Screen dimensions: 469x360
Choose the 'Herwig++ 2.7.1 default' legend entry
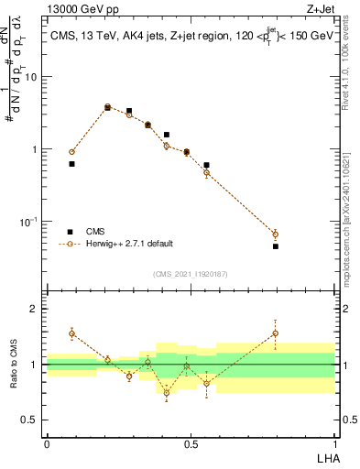[129, 244]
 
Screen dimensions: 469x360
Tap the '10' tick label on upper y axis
[32, 77]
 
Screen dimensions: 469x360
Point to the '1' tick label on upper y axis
[36, 149]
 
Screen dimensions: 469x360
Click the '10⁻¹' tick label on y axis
[29, 222]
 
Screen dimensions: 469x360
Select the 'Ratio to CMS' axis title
[13, 365]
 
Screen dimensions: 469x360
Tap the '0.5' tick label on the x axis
[191, 444]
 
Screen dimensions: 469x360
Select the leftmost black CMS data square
[71, 164]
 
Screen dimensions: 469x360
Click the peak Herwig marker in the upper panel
[107, 107]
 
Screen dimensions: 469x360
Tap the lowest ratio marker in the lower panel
[167, 392]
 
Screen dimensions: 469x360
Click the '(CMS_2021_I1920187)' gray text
[191, 274]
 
